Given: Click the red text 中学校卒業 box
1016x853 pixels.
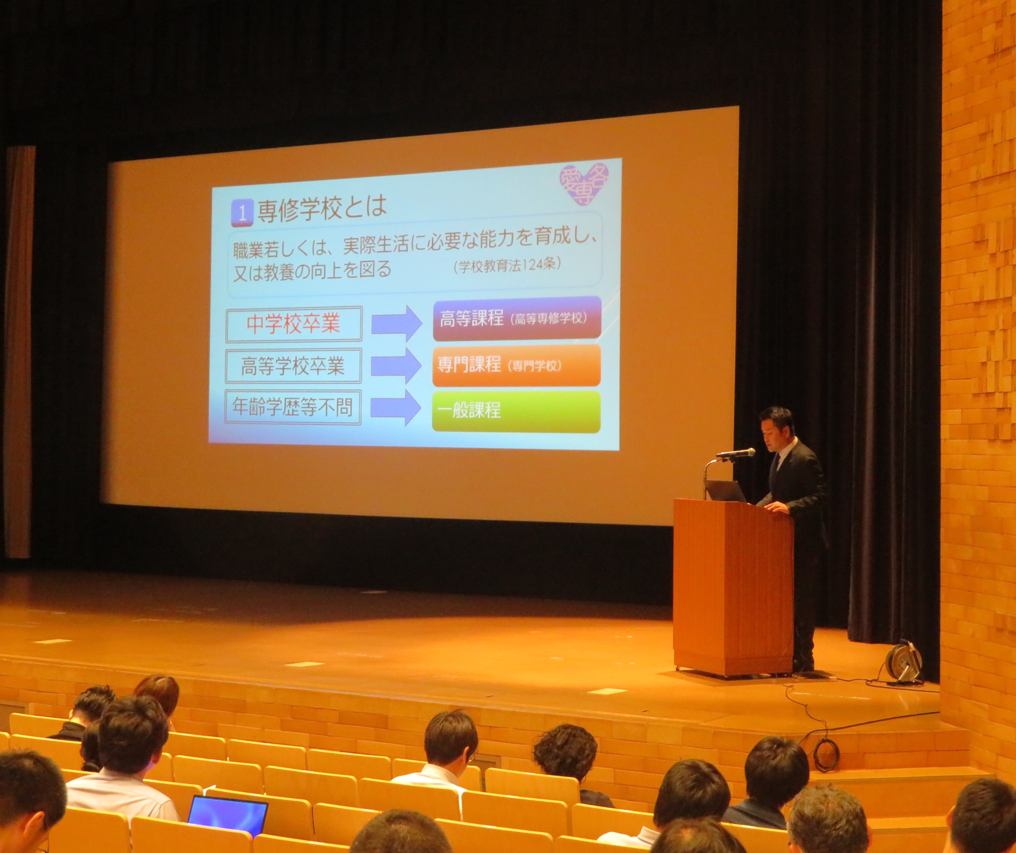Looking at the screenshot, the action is point(294,324).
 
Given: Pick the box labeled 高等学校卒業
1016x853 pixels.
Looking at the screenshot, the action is point(293,366).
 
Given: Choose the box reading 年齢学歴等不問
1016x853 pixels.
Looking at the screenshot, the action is point(293,407).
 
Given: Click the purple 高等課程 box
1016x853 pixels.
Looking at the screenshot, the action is point(517,319).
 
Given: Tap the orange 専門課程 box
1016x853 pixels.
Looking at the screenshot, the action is point(516,365).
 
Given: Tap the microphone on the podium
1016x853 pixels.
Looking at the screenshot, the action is point(736,453).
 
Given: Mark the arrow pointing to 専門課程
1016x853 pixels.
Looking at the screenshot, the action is point(396,366).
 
